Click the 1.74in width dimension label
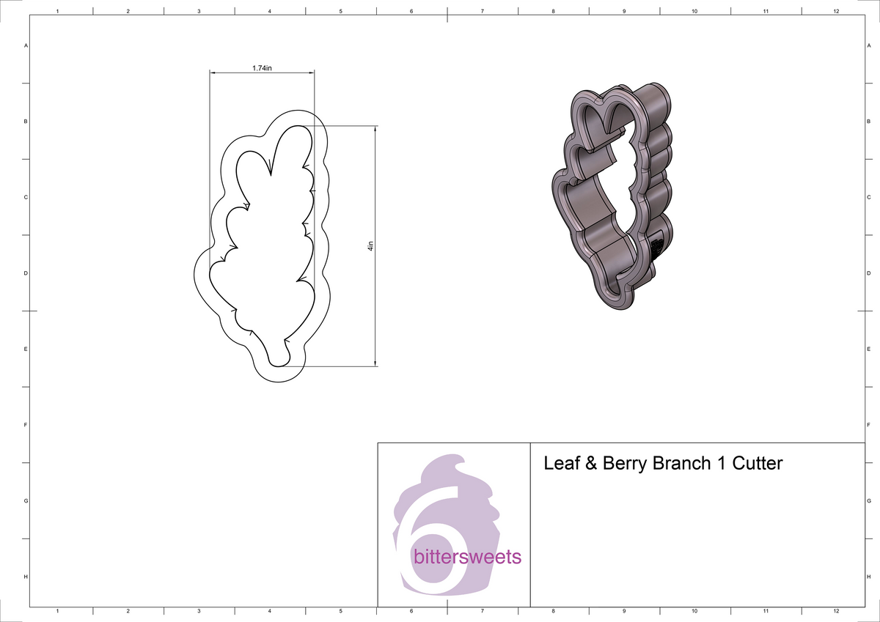[262, 68]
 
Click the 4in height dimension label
[371, 247]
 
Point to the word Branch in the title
[681, 464]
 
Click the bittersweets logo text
[468, 557]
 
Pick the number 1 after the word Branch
[719, 464]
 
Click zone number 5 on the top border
[341, 12]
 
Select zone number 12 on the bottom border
[836, 610]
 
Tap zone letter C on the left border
[26, 198]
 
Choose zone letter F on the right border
[868, 425]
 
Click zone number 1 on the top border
[57, 12]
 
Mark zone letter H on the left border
[26, 577]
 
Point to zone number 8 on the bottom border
[553, 610]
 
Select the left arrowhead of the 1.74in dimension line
[213, 73]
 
